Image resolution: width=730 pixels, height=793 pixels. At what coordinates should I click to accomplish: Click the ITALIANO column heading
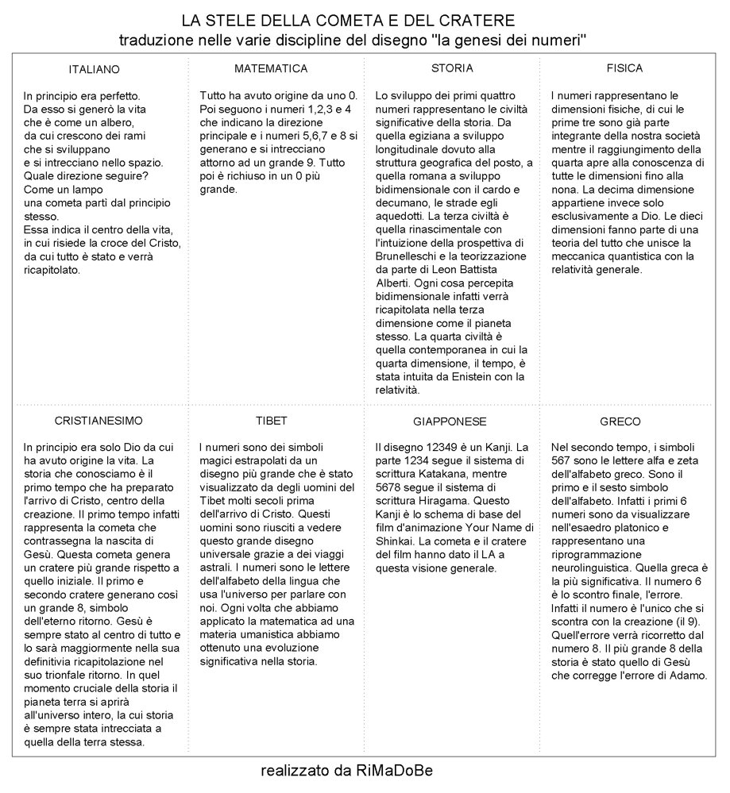point(94,69)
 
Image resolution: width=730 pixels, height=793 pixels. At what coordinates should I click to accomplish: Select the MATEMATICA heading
point(271,68)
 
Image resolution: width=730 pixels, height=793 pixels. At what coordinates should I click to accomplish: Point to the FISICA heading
point(624,68)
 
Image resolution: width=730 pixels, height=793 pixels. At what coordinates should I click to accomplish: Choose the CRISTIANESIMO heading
point(99,420)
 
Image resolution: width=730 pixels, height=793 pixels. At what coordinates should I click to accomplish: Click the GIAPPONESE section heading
point(450,421)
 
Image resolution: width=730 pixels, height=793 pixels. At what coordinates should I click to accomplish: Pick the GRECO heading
point(620,421)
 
